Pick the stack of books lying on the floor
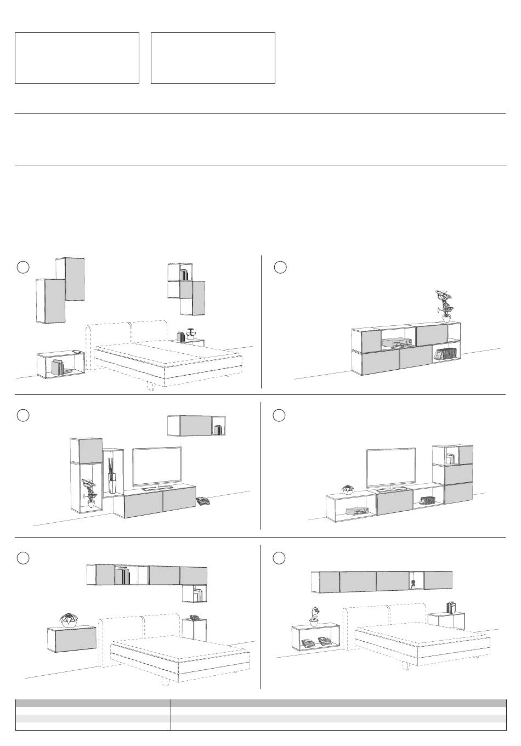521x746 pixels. (x=203, y=500)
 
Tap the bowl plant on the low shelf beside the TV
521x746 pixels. (x=347, y=489)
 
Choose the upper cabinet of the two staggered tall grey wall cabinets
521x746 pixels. (x=75, y=279)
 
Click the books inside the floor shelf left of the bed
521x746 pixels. (x=57, y=367)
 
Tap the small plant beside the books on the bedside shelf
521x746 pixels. (x=191, y=335)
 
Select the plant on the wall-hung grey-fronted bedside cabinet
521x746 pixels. (x=69, y=619)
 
